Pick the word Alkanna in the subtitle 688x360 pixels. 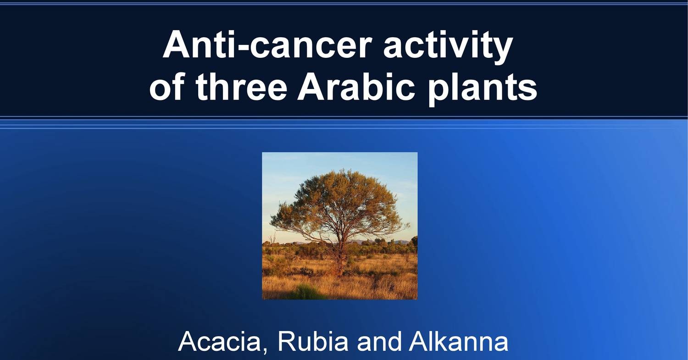[459, 342]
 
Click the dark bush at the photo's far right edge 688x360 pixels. [414, 243]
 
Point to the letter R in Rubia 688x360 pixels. [284, 342]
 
